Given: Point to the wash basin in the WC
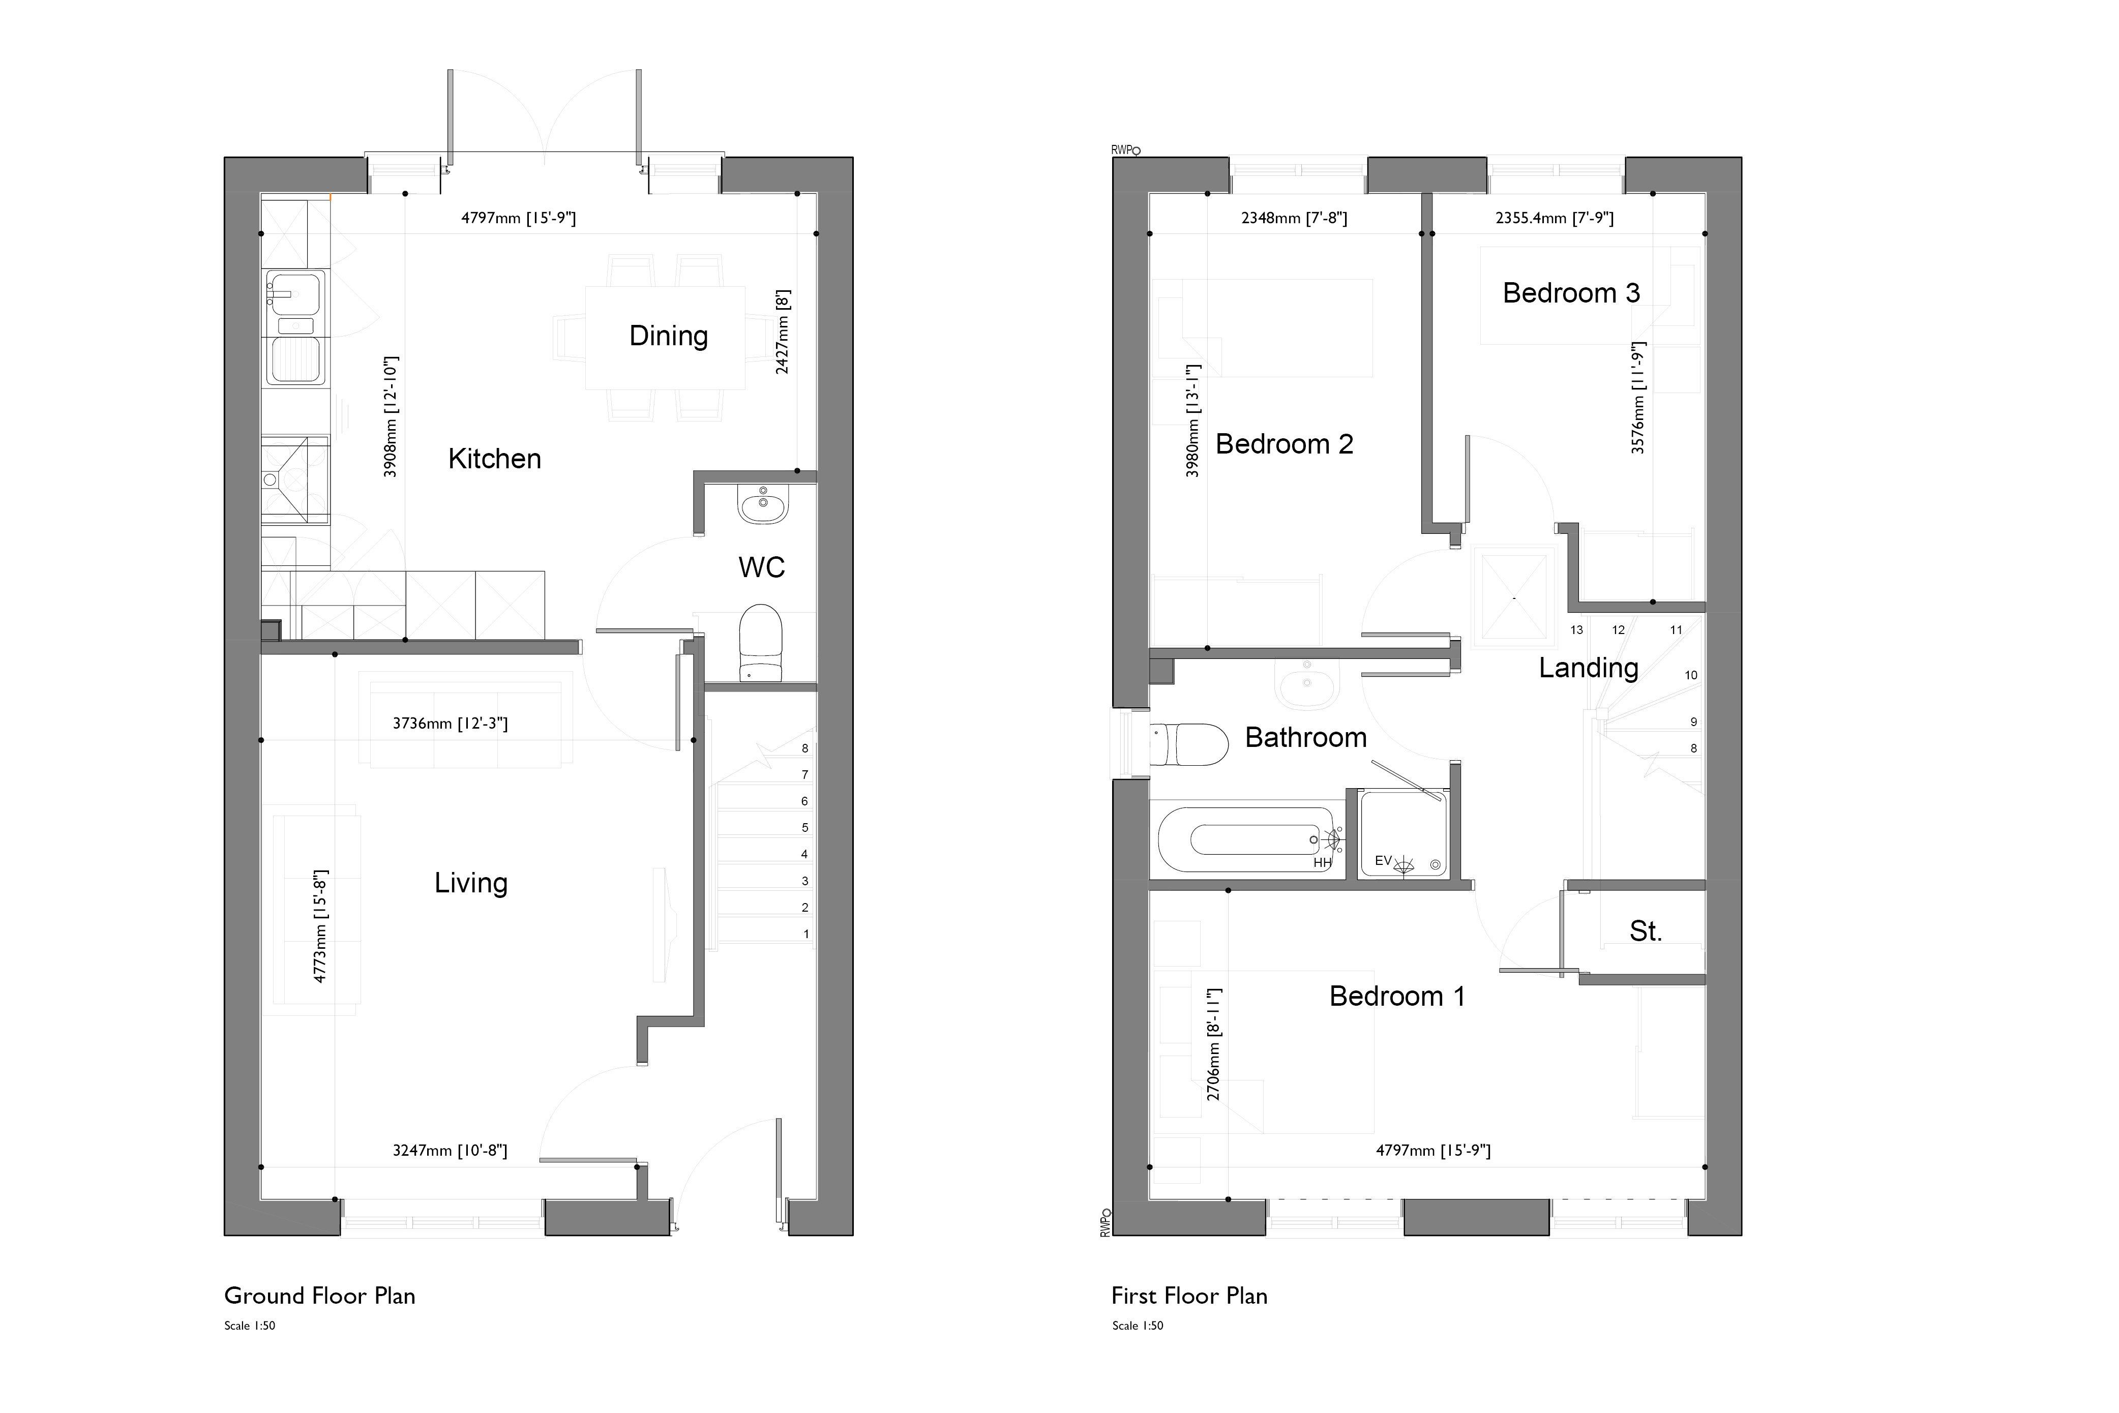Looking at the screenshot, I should [x=762, y=504].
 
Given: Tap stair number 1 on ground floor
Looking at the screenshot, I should [x=806, y=935].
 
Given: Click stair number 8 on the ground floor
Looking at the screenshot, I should [x=805, y=748].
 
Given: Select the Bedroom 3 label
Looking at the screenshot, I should [x=1570, y=293].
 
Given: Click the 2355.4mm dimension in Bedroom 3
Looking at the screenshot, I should [x=1554, y=218].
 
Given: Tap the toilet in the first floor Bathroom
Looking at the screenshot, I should [x=1190, y=745].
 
